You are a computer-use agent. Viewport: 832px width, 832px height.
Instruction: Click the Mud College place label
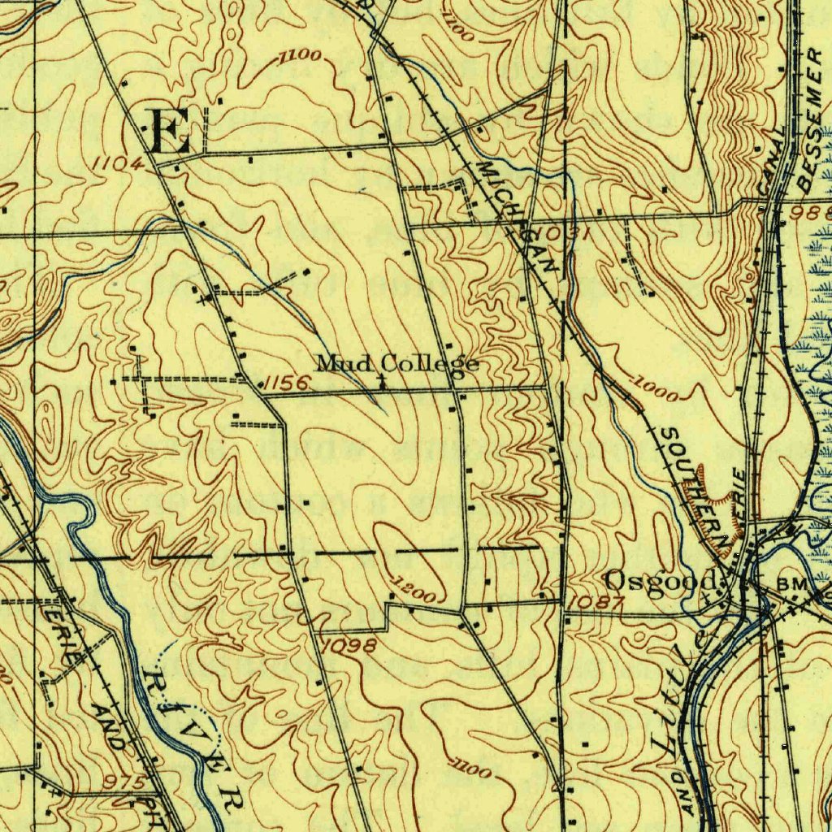396,363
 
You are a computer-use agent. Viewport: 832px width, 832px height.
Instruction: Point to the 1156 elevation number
284,383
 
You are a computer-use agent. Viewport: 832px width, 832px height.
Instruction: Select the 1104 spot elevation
117,163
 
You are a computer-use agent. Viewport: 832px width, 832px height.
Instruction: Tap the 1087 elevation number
596,602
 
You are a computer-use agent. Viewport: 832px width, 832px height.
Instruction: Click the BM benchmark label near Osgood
790,584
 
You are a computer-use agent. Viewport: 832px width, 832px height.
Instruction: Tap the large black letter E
171,132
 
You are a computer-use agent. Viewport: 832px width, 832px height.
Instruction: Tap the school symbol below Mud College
382,379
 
